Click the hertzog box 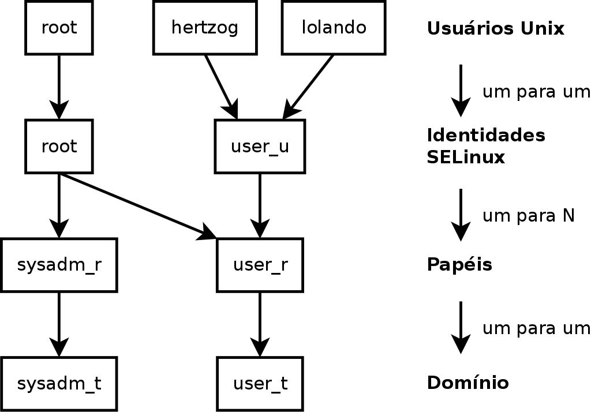point(205,27)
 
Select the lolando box point(334,27)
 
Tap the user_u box point(260,146)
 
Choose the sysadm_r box point(59,265)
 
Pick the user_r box point(260,265)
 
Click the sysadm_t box point(59,383)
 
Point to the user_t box point(260,383)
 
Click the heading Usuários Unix point(495,28)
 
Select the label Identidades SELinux point(485,146)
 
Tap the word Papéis point(459,265)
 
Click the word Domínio point(467,383)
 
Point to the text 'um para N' point(528,216)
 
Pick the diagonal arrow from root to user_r point(139,205)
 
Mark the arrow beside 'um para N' point(461,214)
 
